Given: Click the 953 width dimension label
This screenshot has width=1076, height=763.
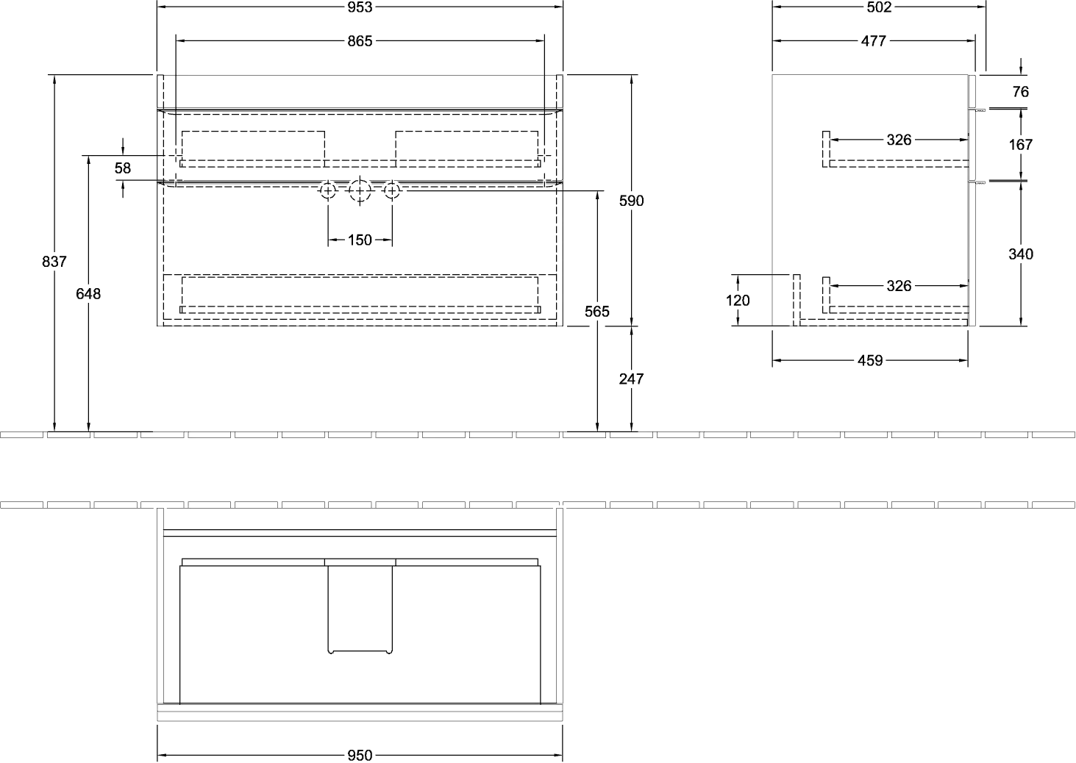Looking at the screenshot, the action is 360,7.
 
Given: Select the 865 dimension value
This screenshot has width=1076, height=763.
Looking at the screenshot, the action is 360,41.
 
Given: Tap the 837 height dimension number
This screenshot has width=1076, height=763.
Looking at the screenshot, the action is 54,262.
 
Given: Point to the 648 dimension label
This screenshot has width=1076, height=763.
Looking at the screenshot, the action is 88,294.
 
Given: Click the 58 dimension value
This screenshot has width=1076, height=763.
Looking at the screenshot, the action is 123,168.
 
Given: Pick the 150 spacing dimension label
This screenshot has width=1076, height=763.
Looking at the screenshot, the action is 360,240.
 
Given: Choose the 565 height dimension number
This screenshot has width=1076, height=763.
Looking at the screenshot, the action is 597,312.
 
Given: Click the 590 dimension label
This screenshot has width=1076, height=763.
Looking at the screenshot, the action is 631,201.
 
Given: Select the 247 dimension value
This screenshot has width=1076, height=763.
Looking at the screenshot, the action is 631,379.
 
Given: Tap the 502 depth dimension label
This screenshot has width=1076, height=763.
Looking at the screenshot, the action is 879,7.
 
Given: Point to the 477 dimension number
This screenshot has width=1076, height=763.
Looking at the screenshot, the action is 873,41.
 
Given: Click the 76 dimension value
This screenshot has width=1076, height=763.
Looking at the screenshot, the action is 1021,92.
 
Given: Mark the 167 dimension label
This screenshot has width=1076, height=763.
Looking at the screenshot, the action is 1021,145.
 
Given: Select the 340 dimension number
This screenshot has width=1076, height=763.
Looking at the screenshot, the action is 1021,254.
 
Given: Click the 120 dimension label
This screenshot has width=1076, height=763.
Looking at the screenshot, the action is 738,301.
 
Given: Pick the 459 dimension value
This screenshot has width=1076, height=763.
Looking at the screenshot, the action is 870,361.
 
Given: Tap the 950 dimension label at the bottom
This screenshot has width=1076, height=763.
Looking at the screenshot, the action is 360,756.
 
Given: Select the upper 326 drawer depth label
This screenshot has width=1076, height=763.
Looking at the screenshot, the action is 899,140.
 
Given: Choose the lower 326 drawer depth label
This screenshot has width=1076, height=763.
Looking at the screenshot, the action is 899,286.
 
